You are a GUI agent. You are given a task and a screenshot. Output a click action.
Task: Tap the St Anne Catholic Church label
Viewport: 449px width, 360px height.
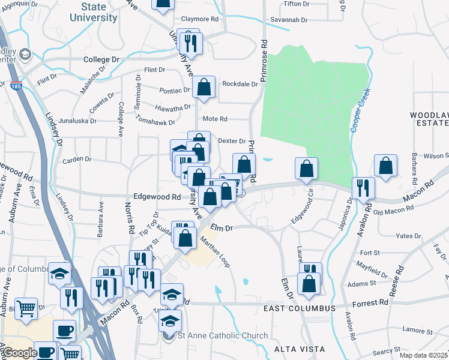(222, 335)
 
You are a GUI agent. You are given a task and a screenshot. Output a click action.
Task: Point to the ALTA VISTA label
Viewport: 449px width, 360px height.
(299, 349)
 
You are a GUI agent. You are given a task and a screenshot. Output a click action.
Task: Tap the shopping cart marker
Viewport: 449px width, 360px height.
(26, 309)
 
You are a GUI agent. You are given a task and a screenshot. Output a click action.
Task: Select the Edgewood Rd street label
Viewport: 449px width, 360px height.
(157, 197)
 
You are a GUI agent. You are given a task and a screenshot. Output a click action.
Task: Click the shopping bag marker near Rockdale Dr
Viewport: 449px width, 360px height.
(204, 88)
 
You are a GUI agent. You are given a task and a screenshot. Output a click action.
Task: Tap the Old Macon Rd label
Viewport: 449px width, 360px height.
(394, 209)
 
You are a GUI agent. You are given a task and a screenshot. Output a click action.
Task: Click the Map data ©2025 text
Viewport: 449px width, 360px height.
(423, 355)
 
